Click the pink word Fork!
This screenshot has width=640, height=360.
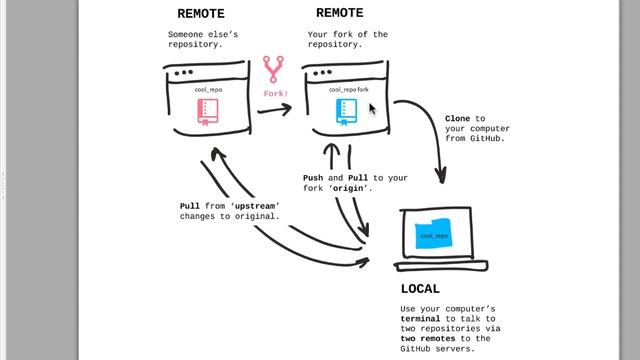(276, 94)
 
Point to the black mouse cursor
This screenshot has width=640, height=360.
(372, 108)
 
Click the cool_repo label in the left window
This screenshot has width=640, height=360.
(209, 89)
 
